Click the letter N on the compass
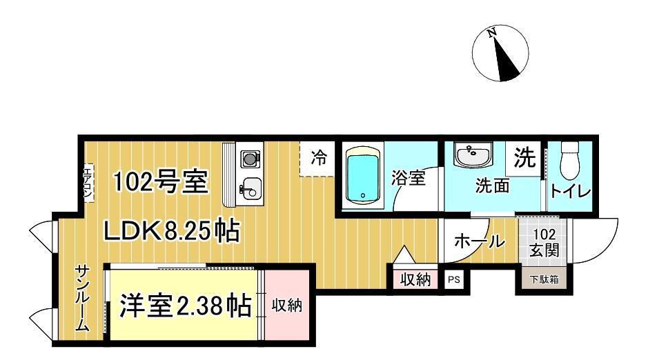[x=492, y=32]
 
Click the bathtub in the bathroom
[x=363, y=175]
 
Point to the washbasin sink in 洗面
[x=473, y=154]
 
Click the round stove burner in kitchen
[x=249, y=158]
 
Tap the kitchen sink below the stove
[x=251, y=190]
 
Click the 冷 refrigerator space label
[x=319, y=158]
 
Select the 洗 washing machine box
[x=524, y=158]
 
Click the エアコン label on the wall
[x=88, y=183]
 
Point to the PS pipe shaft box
[x=454, y=279]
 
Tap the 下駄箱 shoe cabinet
[x=544, y=279]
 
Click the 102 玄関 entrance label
[x=544, y=242]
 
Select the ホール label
[x=480, y=241]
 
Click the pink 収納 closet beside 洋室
[x=287, y=306]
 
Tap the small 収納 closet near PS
[x=415, y=279]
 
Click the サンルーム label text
[x=82, y=297]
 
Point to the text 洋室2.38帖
[x=185, y=306]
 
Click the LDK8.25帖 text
[x=171, y=232]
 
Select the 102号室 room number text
[x=160, y=181]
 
